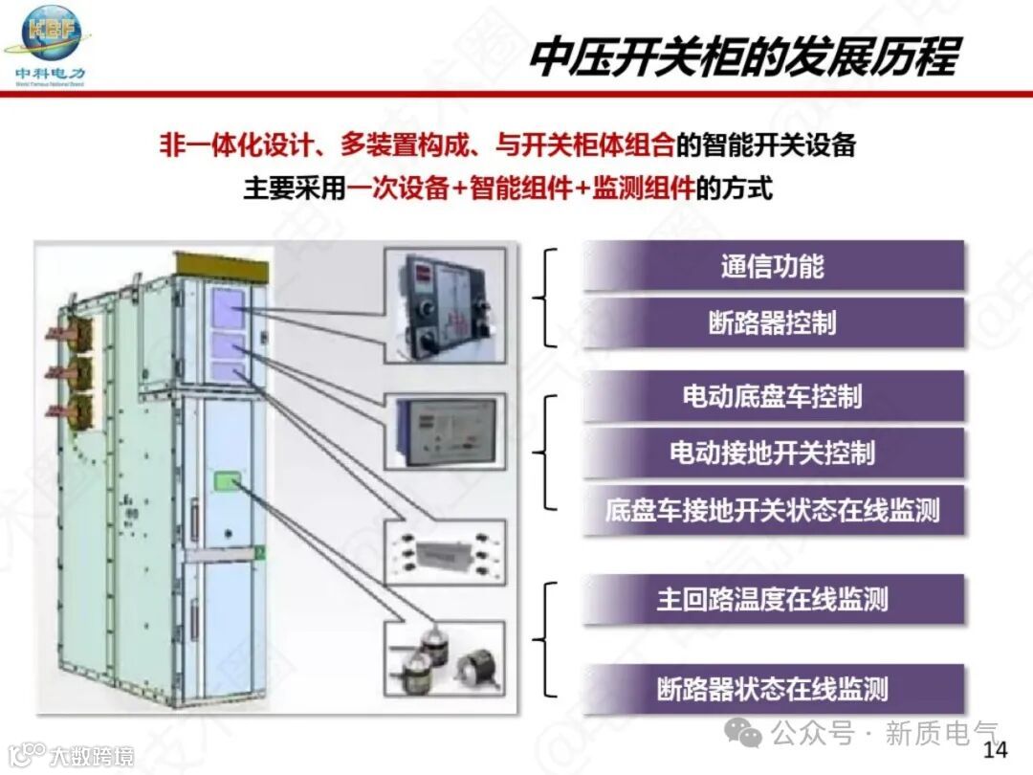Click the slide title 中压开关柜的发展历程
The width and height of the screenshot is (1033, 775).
(743, 56)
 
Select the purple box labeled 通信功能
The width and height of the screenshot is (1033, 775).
(773, 266)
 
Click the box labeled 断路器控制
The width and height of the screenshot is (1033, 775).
(773, 322)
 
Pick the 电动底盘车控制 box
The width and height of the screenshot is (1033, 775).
(773, 396)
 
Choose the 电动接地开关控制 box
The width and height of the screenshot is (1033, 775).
(773, 453)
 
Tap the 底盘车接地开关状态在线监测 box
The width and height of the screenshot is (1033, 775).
(773, 510)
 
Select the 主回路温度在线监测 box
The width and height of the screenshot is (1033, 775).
(773, 600)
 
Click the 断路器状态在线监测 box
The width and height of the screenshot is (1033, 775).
(773, 688)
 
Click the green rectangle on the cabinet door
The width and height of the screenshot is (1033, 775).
(226, 479)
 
